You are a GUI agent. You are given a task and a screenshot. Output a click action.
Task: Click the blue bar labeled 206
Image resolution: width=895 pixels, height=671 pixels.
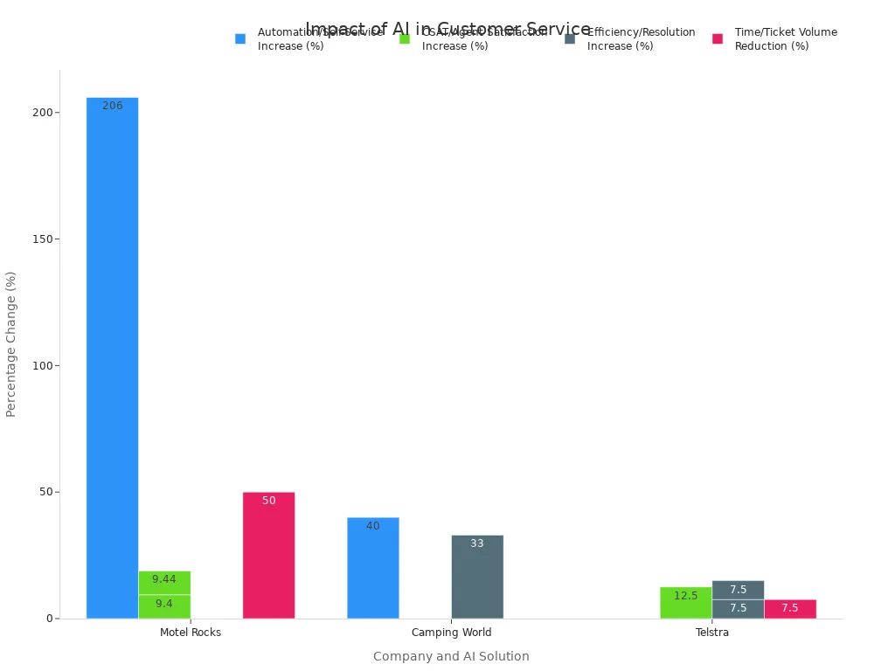pyautogui.click(x=112, y=357)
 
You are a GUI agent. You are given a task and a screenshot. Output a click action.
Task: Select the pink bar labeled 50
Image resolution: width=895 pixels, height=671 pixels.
pyautogui.click(x=268, y=555)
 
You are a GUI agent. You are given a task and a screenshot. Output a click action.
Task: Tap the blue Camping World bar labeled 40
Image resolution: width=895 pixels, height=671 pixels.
pyautogui.click(x=372, y=568)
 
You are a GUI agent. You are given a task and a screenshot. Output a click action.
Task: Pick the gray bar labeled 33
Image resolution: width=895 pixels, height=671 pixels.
pyautogui.click(x=477, y=577)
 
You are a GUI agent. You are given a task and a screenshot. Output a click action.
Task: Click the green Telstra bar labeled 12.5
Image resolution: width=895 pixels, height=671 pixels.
pyautogui.click(x=685, y=603)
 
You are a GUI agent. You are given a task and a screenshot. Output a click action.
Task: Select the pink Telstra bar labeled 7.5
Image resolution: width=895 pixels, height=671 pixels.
pyautogui.click(x=790, y=609)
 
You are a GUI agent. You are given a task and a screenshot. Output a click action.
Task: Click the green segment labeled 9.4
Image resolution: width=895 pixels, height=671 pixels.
pyautogui.click(x=164, y=606)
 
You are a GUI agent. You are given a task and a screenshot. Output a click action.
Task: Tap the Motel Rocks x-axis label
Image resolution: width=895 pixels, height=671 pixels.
pyautogui.click(x=191, y=633)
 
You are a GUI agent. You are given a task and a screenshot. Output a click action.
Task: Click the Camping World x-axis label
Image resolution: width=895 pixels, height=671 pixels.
pyautogui.click(x=451, y=633)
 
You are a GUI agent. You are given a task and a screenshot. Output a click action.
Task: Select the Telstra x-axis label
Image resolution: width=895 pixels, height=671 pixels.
pyautogui.click(x=712, y=633)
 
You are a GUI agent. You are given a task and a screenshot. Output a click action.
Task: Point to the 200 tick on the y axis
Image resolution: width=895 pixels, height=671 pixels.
pyautogui.click(x=43, y=113)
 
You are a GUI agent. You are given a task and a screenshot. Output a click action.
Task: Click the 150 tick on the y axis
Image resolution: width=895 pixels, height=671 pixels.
pyautogui.click(x=43, y=239)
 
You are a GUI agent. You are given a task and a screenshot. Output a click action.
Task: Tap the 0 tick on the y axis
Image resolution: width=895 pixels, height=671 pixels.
pyautogui.click(x=51, y=619)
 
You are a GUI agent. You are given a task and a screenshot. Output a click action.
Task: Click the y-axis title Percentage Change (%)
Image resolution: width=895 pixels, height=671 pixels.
pyautogui.click(x=11, y=343)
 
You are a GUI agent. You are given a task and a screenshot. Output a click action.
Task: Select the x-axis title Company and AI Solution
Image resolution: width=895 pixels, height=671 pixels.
pyautogui.click(x=451, y=656)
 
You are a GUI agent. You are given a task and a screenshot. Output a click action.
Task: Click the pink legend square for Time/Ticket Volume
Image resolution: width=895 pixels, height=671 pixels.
pyautogui.click(x=718, y=38)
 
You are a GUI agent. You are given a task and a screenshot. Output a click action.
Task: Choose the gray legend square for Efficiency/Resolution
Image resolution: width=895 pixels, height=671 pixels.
pyautogui.click(x=570, y=38)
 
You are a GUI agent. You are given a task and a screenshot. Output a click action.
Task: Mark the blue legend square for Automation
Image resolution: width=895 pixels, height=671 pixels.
pyautogui.click(x=240, y=38)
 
